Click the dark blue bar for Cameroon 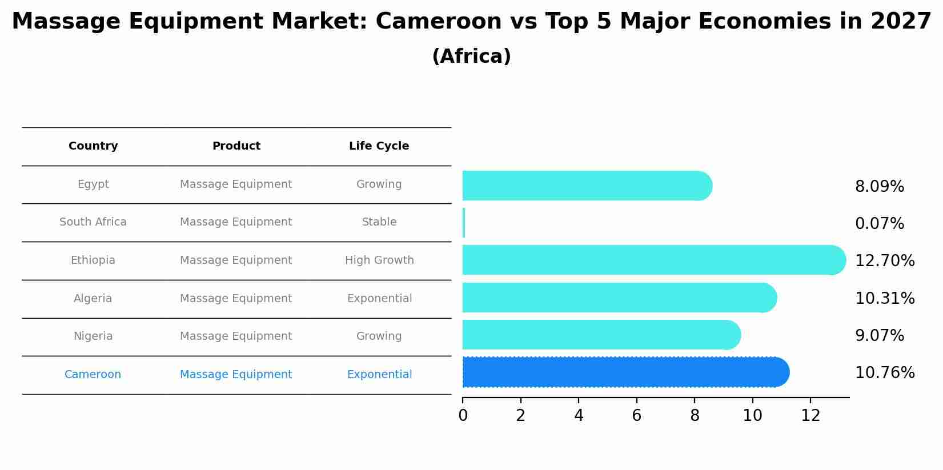[x=625, y=372]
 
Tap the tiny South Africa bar [x=464, y=223]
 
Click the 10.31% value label [x=884, y=298]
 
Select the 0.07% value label [x=879, y=223]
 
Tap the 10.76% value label [x=884, y=372]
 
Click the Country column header [x=93, y=146]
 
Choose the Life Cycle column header [x=379, y=146]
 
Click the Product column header [x=236, y=146]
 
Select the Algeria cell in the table [x=93, y=298]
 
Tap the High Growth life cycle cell [x=379, y=260]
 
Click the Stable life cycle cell [x=379, y=222]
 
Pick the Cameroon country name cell [x=93, y=375]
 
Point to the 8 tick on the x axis [x=695, y=415]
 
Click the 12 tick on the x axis [x=810, y=415]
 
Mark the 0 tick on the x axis [x=463, y=415]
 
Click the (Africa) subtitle [x=471, y=57]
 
